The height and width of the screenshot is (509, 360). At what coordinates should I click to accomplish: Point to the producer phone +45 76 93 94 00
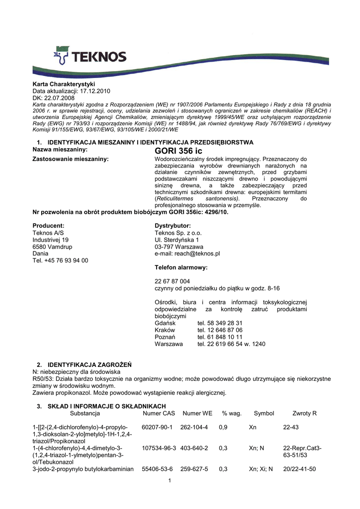coord(60,260)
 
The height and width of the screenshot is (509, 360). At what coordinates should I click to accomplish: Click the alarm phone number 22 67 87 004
coord(173,281)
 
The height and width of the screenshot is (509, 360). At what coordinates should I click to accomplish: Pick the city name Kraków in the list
coord(165,330)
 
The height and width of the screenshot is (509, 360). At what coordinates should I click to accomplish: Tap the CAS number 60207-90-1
coord(157,427)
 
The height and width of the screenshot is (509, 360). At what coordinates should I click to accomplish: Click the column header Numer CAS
coord(159,413)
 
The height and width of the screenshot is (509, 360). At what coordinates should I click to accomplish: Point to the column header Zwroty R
coord(305,413)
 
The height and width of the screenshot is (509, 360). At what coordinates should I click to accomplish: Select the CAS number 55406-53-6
coord(157,469)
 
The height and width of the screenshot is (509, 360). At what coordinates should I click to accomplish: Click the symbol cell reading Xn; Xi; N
coord(261,469)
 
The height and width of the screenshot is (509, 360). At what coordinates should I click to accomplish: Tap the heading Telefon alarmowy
coord(181,267)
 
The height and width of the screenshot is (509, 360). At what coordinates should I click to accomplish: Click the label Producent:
coord(48,226)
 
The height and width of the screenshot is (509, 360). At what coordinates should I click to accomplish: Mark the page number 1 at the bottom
coord(170,480)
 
